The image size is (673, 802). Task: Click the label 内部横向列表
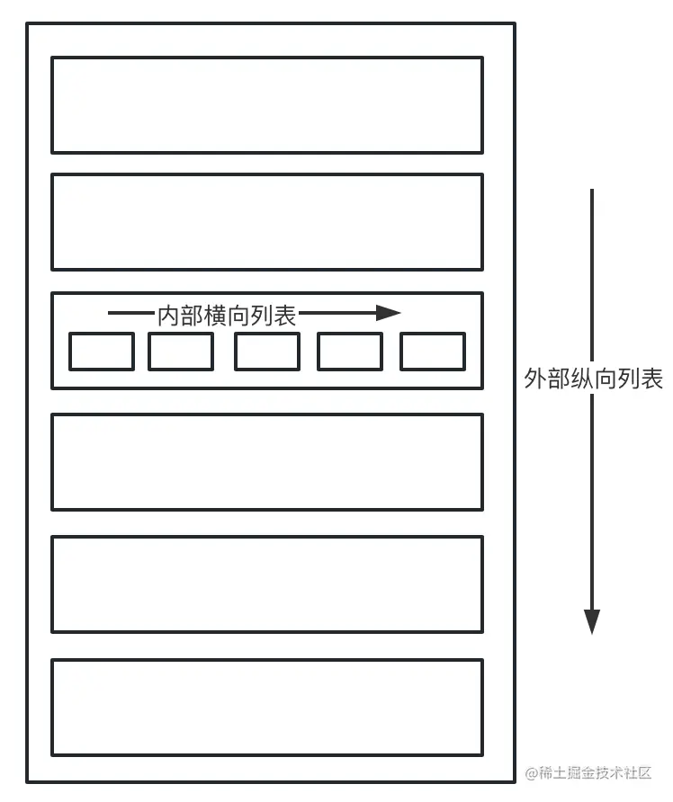click(x=227, y=315)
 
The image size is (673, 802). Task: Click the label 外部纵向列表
click(x=593, y=379)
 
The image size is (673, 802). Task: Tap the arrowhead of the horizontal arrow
click(x=390, y=313)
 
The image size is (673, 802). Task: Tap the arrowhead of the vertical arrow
click(x=591, y=621)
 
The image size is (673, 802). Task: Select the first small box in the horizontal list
click(x=102, y=352)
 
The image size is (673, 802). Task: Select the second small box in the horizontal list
click(x=181, y=352)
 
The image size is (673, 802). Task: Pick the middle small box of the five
click(x=267, y=352)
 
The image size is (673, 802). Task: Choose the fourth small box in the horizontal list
click(x=350, y=352)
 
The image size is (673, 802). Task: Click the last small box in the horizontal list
click(x=433, y=352)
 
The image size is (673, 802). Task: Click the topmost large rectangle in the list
click(x=267, y=105)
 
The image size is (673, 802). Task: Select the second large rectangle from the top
click(x=267, y=222)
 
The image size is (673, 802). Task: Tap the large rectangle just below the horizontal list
click(x=267, y=462)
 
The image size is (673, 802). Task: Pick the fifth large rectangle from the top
click(x=267, y=584)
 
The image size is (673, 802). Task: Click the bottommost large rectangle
click(x=267, y=708)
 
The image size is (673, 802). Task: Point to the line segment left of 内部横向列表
click(x=131, y=314)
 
